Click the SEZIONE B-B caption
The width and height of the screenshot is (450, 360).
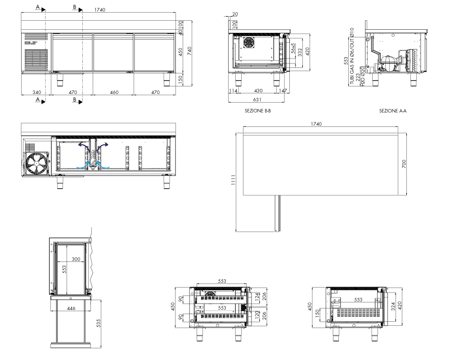tap(258, 111)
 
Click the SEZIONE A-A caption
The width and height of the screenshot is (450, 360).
tap(392, 111)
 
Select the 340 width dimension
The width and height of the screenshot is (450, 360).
tap(37, 92)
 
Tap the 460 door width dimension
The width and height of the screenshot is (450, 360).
tap(114, 92)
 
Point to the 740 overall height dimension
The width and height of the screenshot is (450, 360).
tap(189, 51)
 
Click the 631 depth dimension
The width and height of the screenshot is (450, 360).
tap(257, 99)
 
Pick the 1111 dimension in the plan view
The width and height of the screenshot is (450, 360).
tap(233, 180)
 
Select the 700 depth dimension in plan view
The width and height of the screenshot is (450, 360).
tap(404, 164)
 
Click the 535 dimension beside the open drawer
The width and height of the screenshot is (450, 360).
tap(99, 323)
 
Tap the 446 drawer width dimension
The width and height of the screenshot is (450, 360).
tap(71, 308)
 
